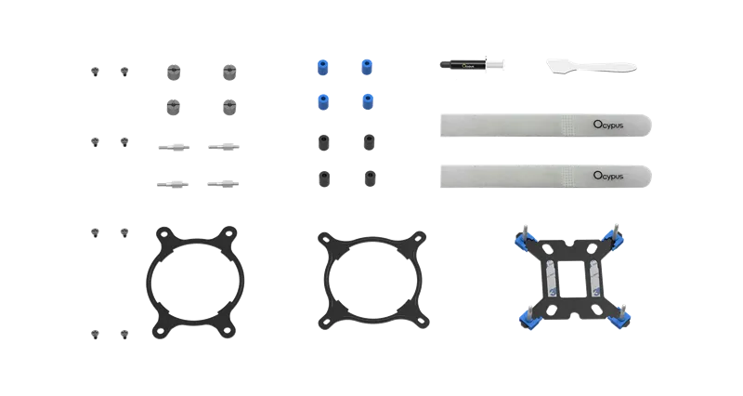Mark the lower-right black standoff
pos(370,176)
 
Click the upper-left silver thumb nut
pos(172,71)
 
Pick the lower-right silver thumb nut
pos(228,107)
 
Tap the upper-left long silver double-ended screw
pos(173,146)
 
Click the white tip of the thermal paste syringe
pos(497,64)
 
